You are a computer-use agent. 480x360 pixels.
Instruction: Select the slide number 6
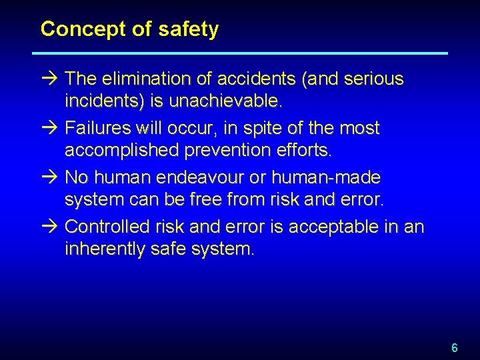pos(455,347)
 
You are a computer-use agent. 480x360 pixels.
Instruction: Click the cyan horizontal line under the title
pos(240,53)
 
